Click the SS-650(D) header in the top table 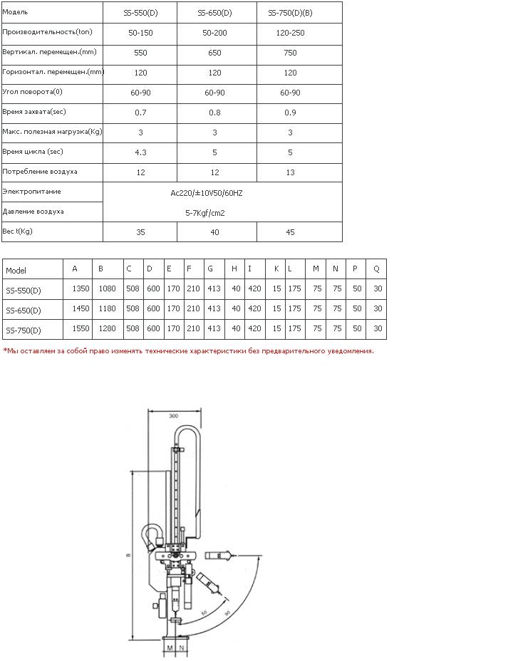point(214,13)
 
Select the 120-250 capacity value point(290,33)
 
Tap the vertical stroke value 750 point(290,53)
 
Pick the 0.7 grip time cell point(140,113)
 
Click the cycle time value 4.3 point(140,152)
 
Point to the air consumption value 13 point(290,172)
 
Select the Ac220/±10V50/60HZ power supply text point(207,193)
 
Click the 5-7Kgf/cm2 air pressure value point(205,213)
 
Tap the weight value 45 point(290,232)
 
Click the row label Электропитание point(31,192)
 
